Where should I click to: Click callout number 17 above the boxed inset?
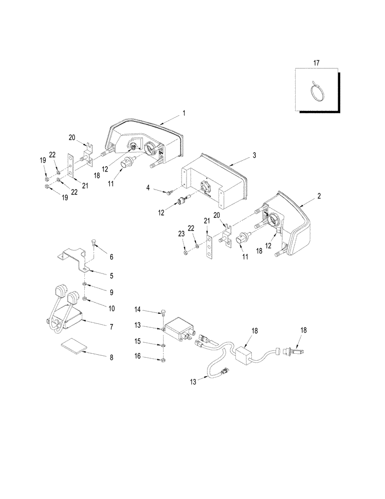coord(316,62)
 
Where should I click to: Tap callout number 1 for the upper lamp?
coord(184,113)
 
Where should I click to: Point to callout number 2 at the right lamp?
coord(319,197)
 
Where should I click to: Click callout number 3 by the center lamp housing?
coord(254,156)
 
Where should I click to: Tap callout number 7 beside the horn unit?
coord(111,327)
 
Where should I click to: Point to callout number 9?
coord(111,292)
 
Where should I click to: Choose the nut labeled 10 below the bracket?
coord(86,299)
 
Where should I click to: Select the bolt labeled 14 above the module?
coord(163,313)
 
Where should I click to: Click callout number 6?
coord(111,257)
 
